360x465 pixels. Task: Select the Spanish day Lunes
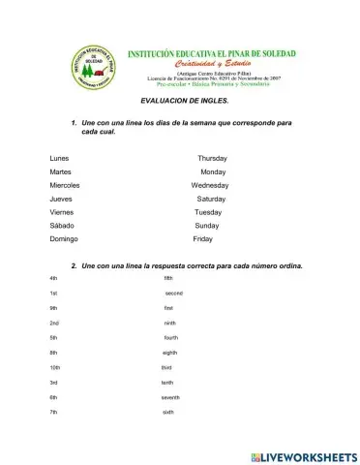(59, 157)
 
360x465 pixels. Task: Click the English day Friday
(203, 238)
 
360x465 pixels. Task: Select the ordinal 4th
(53, 278)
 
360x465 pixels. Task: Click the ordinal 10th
(55, 367)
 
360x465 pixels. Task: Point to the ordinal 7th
(54, 413)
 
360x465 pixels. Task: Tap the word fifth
(168, 278)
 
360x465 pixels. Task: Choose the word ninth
(169, 323)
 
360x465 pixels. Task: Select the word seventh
(170, 397)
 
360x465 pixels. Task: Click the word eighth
(170, 353)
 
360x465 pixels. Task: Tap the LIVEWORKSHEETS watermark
(303, 455)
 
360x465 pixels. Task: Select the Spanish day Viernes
(62, 211)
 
